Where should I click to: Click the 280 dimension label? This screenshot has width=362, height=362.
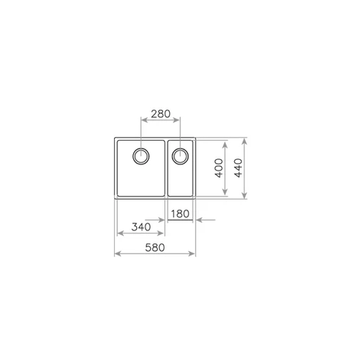pos(161,114)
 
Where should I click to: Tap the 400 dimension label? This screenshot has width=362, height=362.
pos(219,168)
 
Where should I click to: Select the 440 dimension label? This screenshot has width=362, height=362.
pos(238,168)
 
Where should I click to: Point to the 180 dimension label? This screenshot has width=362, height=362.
pos(180,214)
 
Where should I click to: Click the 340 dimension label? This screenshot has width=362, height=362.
pos(141,227)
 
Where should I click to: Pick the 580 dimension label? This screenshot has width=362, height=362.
pos(155,247)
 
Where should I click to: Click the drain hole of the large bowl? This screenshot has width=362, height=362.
pos(141,156)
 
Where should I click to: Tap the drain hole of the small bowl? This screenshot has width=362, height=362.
pos(180,156)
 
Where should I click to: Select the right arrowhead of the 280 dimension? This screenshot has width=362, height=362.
pos(177,120)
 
